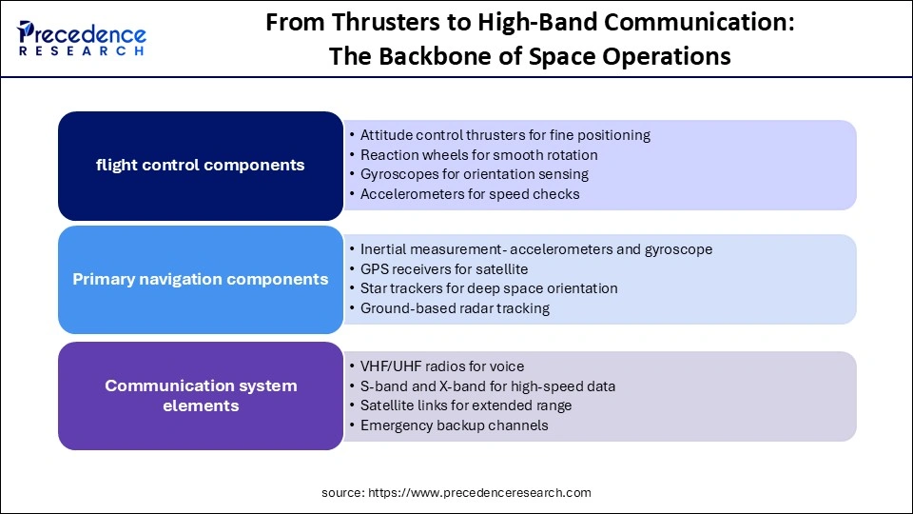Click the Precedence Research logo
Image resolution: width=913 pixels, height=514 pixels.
coord(81,38)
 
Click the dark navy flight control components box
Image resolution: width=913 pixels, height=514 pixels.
coord(200,166)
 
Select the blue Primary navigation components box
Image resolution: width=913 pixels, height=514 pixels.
coord(200,280)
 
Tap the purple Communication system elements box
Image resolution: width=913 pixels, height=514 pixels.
coord(200,396)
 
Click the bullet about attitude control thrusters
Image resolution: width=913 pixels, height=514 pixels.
coord(504,135)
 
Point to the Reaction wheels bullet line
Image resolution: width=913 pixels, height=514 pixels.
coord(478,154)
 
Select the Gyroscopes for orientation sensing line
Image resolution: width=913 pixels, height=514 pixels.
coord(474,174)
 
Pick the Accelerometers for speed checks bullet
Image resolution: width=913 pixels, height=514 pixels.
coord(469,194)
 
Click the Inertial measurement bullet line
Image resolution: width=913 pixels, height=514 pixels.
coord(535,249)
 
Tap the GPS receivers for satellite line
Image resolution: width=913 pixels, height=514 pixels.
coord(443,269)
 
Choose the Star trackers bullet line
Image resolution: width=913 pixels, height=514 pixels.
coord(488,288)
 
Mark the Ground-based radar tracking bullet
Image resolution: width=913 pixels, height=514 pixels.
coord(455,308)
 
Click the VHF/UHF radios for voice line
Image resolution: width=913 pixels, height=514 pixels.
coord(441,366)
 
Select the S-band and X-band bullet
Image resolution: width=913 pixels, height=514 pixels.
coord(487,386)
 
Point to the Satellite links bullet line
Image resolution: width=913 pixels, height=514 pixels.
coord(465,405)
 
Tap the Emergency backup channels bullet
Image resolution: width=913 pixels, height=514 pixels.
coord(454,425)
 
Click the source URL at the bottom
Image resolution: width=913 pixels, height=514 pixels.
coord(456,492)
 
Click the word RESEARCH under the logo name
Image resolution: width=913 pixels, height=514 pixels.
coord(81,51)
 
